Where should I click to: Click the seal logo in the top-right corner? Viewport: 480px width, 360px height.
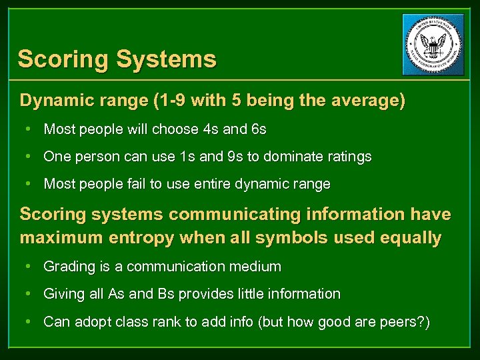pyautogui.click(x=433, y=45)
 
